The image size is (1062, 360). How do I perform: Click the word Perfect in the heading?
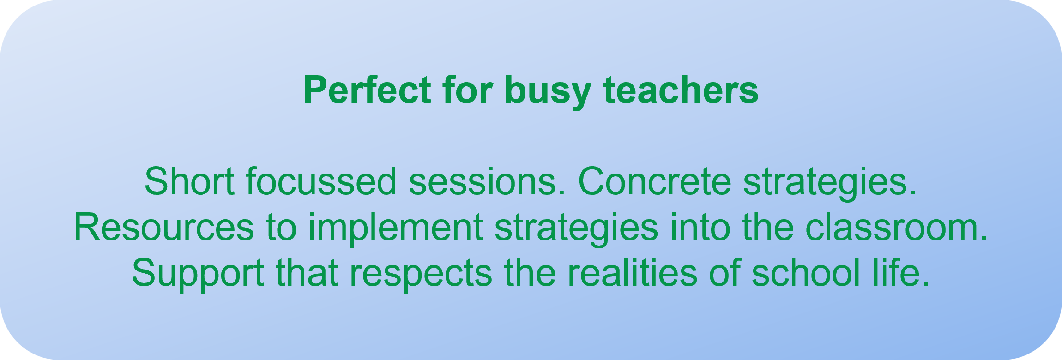[367, 90]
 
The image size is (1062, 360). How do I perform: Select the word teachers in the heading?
[681, 90]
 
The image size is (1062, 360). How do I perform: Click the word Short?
[189, 181]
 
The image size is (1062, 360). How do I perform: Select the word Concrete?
[655, 181]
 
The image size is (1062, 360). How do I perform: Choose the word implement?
[396, 229]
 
